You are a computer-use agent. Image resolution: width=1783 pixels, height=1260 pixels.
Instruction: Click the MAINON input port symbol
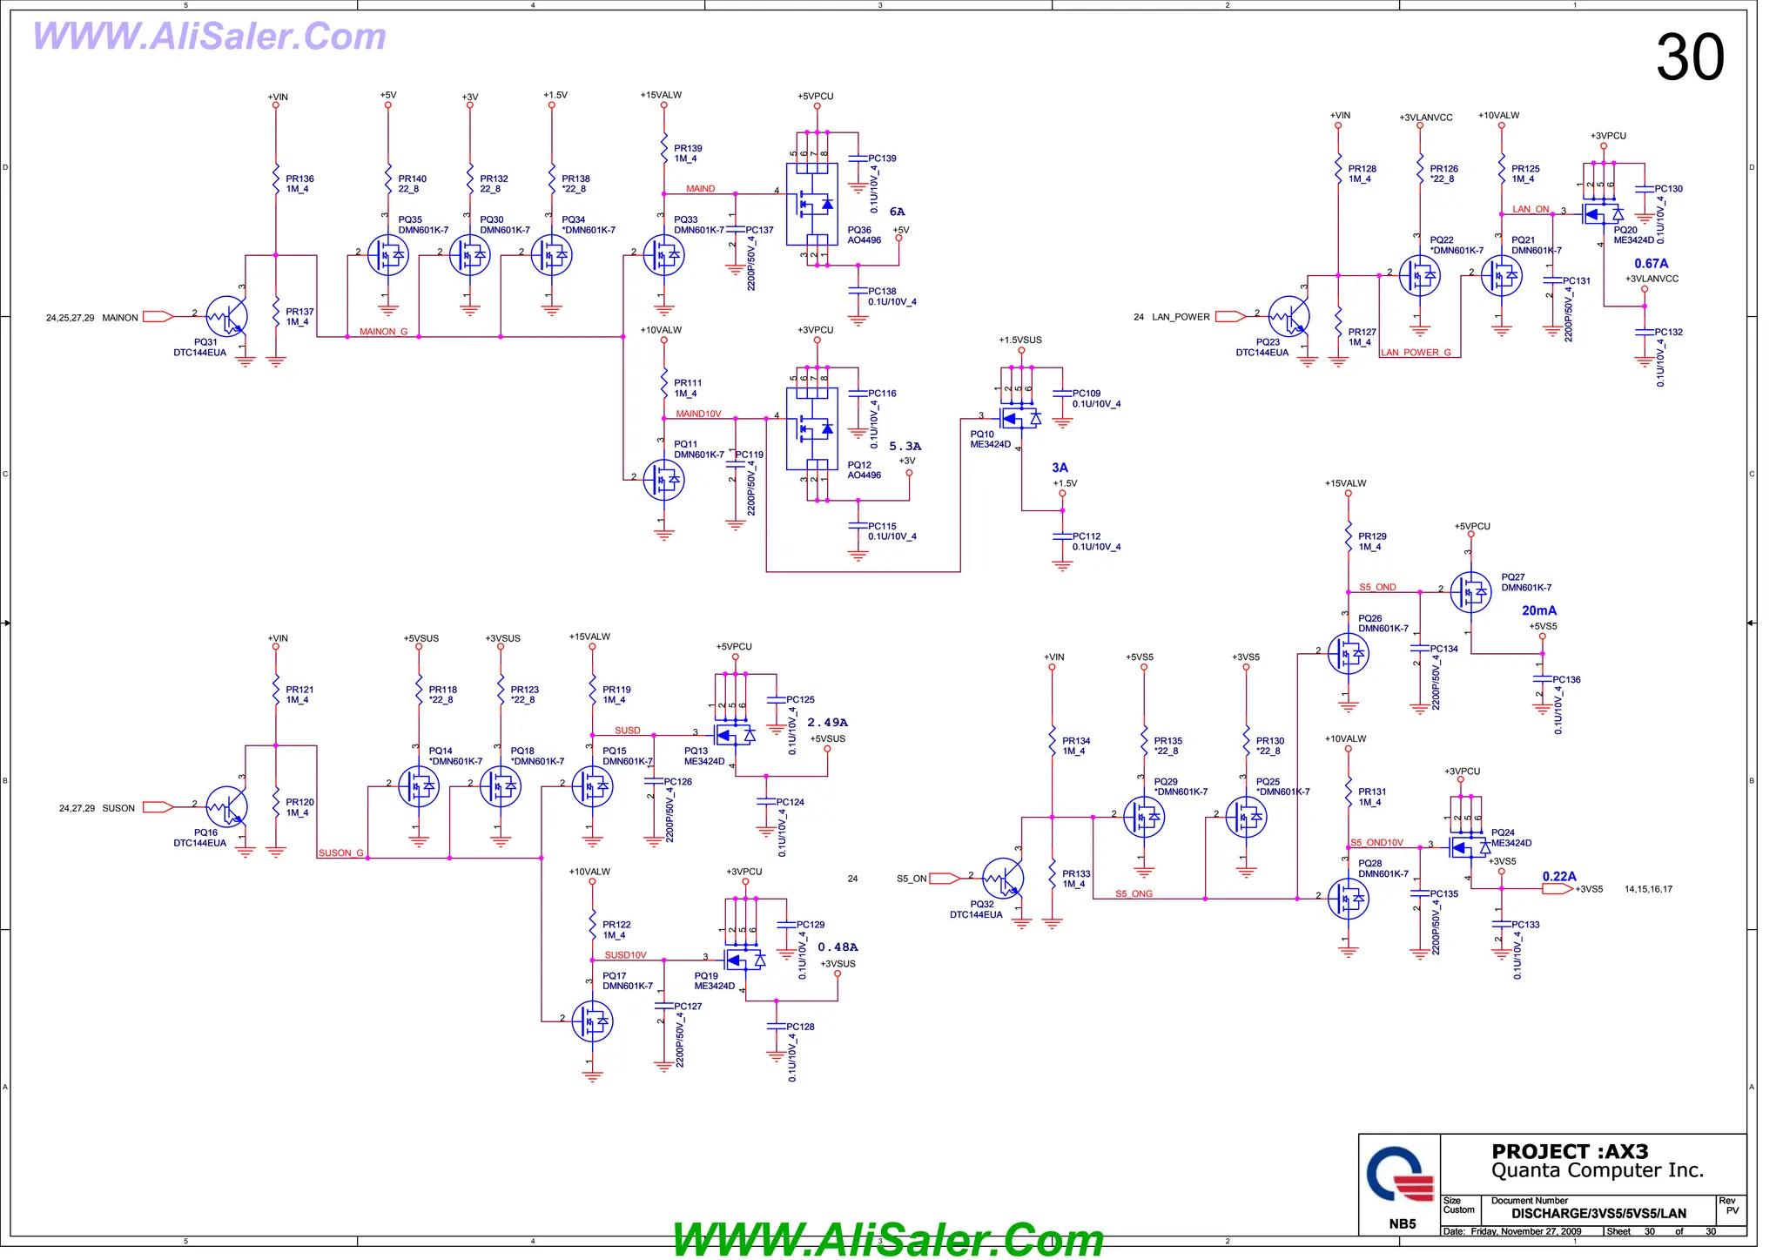[158, 317]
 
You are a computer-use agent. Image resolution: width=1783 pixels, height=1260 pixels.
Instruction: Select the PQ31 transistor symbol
[227, 317]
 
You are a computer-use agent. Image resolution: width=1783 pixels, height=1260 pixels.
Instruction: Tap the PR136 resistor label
[299, 184]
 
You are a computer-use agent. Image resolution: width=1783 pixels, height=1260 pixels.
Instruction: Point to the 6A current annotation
[897, 212]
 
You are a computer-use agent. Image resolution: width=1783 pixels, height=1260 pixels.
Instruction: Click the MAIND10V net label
[698, 414]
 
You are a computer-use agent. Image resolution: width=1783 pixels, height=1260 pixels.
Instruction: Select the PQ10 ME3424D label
[991, 439]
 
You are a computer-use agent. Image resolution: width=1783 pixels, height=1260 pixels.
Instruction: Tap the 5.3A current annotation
[905, 446]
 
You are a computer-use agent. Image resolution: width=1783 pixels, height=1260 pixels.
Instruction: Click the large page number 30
[1689, 57]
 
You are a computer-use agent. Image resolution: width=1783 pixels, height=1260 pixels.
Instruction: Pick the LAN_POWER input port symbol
[1231, 316]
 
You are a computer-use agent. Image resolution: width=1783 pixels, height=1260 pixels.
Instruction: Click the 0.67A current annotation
[1651, 263]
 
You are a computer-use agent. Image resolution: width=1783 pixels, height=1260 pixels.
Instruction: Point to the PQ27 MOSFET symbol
[1471, 592]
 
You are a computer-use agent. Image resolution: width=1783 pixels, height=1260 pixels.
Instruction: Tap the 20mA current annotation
[1538, 610]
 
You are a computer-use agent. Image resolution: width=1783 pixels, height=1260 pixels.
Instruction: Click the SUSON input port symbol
[158, 807]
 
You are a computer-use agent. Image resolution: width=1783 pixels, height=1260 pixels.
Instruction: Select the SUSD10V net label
[625, 955]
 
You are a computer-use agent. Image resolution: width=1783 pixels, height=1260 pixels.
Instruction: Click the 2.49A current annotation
[827, 722]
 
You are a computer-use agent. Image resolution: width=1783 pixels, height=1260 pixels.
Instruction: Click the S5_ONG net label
[1134, 893]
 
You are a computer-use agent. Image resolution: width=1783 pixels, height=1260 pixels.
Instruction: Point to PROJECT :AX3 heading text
[1570, 1151]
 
